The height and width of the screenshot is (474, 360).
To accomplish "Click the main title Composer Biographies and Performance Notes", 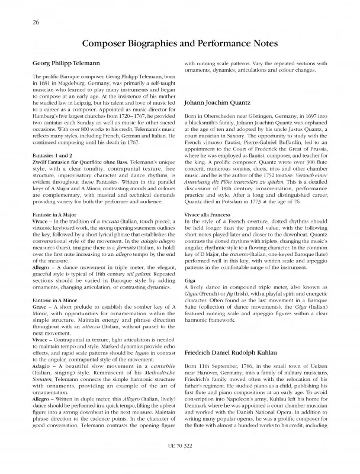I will tap(179, 44).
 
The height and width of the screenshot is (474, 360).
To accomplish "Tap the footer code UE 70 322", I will tap(179, 461).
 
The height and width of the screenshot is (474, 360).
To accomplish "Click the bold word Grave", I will tap(40, 308).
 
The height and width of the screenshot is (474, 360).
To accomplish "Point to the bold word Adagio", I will tap(41, 368).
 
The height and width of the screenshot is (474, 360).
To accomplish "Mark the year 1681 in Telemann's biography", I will tap(41, 85).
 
